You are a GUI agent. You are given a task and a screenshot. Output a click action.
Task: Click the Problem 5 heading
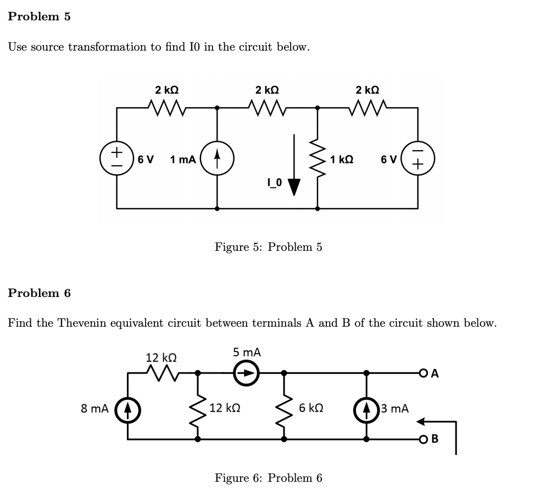pyautogui.click(x=40, y=16)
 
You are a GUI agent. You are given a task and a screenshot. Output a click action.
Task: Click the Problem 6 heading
pyautogui.click(x=40, y=293)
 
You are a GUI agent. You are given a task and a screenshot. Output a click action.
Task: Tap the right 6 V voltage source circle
pyautogui.click(x=418, y=159)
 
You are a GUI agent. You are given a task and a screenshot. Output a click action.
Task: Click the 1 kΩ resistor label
pyautogui.click(x=342, y=159)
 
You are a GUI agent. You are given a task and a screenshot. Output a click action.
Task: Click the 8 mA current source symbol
pyautogui.click(x=128, y=409)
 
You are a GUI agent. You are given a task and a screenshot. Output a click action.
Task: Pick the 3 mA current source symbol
pyautogui.click(x=366, y=409)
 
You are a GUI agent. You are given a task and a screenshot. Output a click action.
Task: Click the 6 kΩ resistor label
pyautogui.click(x=311, y=409)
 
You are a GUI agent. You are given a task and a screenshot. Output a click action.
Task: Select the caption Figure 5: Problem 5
pyautogui.click(x=268, y=247)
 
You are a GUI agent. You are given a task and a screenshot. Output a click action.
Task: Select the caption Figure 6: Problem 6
pyautogui.click(x=268, y=478)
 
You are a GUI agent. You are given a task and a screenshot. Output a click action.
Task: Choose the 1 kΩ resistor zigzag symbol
pyautogui.click(x=317, y=159)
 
